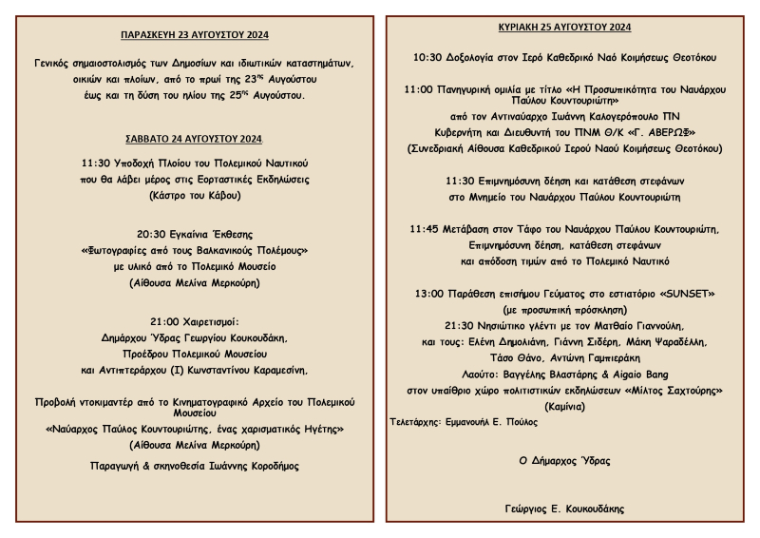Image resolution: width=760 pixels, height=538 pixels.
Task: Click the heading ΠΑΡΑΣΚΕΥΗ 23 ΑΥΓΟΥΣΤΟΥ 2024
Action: coord(195,35)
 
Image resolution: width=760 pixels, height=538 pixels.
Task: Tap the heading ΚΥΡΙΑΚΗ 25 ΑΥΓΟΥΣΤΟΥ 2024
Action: coord(564,27)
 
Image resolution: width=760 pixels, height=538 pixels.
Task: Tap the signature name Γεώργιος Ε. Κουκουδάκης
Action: coord(563,509)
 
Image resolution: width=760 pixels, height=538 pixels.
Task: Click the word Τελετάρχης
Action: coord(415,420)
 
